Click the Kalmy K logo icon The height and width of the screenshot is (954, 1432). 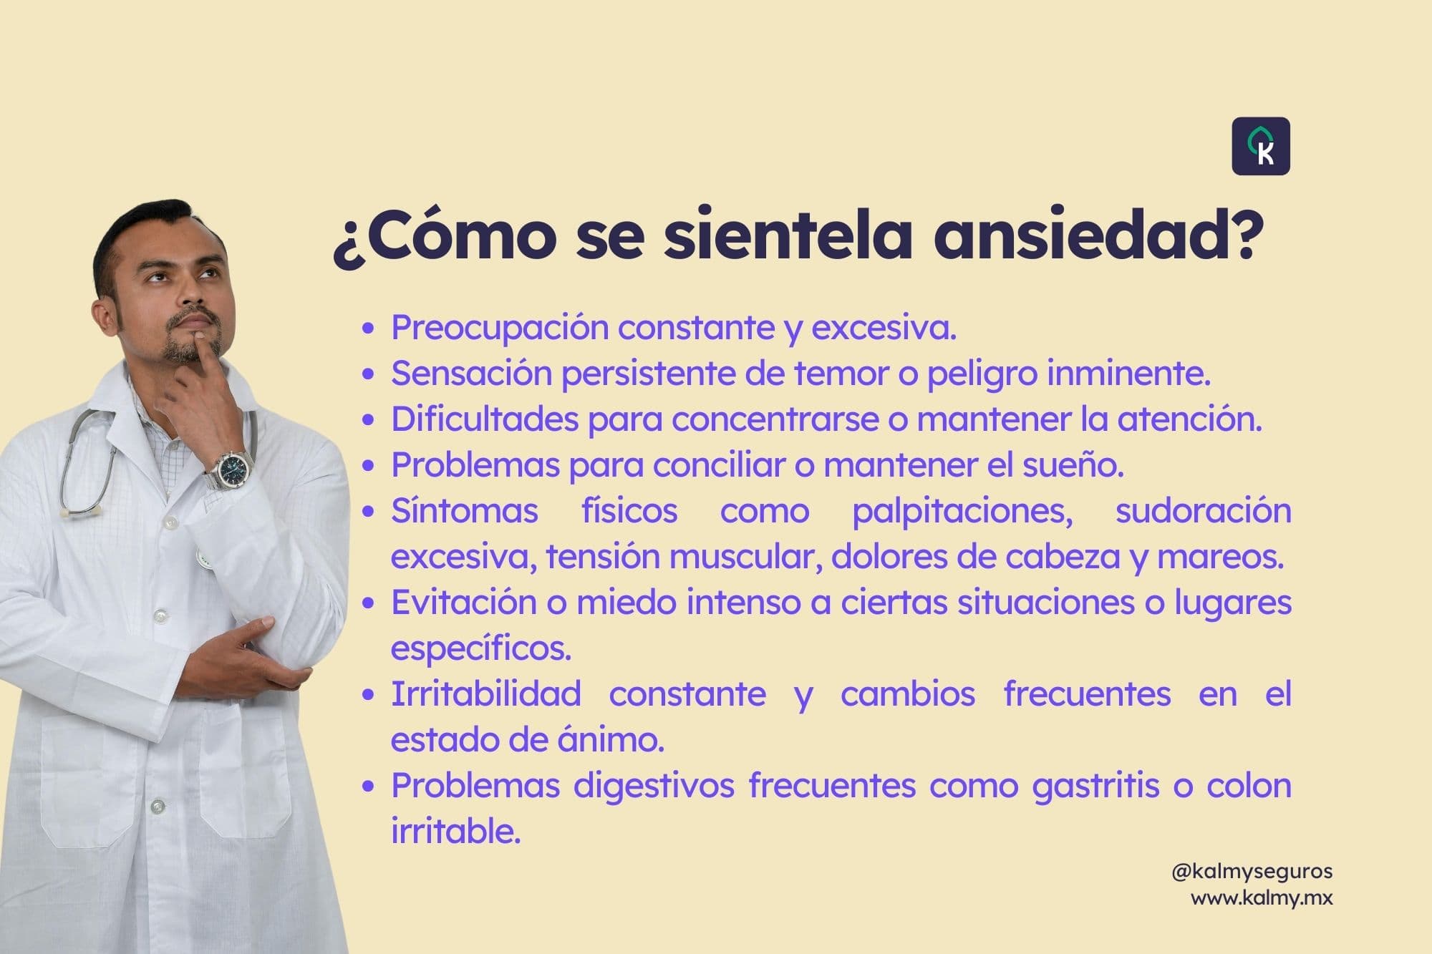(1261, 146)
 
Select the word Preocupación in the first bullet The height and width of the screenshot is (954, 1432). (499, 328)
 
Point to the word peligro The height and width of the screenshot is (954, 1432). (981, 374)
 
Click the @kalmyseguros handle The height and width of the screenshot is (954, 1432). (1252, 872)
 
